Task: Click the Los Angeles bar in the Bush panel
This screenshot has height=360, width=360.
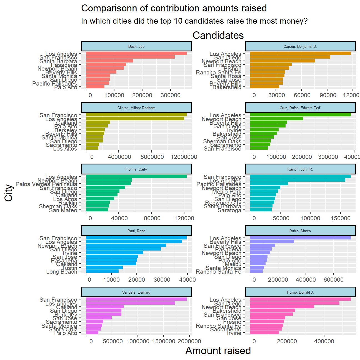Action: pyautogui.click(x=136, y=53)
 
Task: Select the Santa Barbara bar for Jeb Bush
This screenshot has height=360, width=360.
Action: pyautogui.click(x=110, y=61)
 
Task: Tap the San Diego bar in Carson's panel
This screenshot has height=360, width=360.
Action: pyautogui.click(x=290, y=57)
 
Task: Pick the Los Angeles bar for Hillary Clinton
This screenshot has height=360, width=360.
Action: pyautogui.click(x=135, y=119)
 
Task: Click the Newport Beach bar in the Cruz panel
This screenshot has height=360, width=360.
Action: pyautogui.click(x=277, y=119)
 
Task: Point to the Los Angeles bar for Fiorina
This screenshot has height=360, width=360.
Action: pyautogui.click(x=136, y=176)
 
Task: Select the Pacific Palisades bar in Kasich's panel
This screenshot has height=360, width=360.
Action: pyautogui.click(x=269, y=184)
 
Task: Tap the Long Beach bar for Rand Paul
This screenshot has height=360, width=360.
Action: pyautogui.click(x=102, y=271)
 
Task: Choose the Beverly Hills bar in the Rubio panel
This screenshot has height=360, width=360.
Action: pyautogui.click(x=272, y=241)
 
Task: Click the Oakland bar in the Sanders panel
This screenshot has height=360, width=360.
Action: pyautogui.click(x=105, y=307)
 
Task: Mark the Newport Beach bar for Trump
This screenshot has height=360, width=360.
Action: pyautogui.click(x=282, y=307)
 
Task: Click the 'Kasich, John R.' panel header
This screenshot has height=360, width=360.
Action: pyautogui.click(x=300, y=169)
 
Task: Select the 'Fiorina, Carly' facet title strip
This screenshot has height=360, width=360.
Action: pyautogui.click(x=136, y=169)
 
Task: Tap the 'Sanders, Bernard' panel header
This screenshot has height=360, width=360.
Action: pyautogui.click(x=136, y=292)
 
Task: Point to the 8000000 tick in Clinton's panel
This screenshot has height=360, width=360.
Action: pyautogui.click(x=152, y=157)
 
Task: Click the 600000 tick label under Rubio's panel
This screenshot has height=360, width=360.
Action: pyautogui.click(x=333, y=280)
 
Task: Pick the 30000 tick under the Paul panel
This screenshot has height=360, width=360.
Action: pyautogui.click(x=162, y=280)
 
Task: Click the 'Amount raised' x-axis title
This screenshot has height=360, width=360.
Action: pyautogui.click(x=218, y=351)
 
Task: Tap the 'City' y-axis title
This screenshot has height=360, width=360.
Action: pyautogui.click(x=9, y=193)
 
